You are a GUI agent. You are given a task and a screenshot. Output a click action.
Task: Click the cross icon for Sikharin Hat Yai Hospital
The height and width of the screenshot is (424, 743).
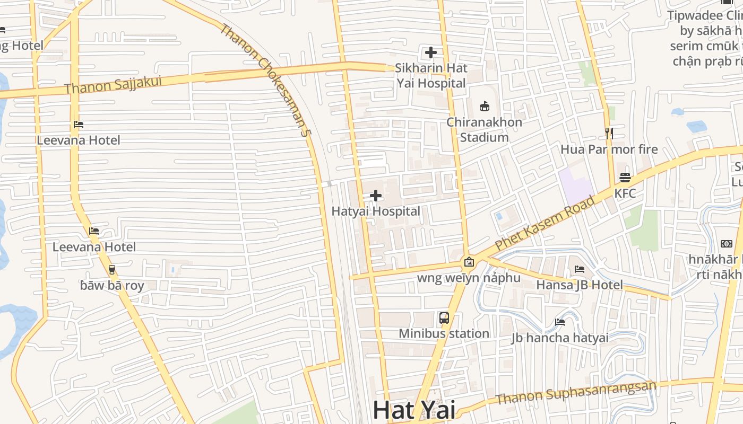coord(431,52)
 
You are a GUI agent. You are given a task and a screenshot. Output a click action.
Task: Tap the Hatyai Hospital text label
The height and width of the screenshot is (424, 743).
coord(376,211)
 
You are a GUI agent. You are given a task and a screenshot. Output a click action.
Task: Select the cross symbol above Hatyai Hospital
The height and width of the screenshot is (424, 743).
coord(376,196)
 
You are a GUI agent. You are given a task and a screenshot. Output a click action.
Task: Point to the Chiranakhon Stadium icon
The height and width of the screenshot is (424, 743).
coord(484,107)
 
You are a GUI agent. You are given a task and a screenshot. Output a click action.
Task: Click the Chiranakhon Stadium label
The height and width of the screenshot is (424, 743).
coord(484,129)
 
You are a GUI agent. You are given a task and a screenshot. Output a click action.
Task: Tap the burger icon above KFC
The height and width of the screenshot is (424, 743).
coord(625,178)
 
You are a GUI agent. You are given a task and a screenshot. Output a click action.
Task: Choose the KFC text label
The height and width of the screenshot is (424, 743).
coord(625,193)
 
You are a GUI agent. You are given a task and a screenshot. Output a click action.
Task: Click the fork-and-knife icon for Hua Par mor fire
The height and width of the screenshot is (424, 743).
coord(609,134)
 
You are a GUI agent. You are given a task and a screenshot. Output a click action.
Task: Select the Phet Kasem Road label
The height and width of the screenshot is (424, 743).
coord(545,223)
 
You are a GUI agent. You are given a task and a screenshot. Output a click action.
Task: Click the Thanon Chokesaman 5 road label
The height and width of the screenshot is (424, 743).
coord(264,79)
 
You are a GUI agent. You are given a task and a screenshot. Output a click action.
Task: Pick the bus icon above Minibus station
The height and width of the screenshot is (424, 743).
coord(444,318)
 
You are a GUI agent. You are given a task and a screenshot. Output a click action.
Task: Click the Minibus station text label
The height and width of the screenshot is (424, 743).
coord(444,333)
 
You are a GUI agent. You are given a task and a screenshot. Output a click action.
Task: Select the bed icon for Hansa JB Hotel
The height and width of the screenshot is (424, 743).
coord(580,269)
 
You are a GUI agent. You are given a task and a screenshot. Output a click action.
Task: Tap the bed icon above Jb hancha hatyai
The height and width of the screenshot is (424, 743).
coord(560,322)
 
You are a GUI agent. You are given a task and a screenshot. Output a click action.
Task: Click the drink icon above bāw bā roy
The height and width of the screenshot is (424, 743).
coord(112,270)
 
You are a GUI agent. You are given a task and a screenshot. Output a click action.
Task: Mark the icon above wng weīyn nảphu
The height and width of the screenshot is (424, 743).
coord(469,262)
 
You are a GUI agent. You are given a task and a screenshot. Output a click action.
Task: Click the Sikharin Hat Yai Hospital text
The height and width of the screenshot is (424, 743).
coord(431,75)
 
